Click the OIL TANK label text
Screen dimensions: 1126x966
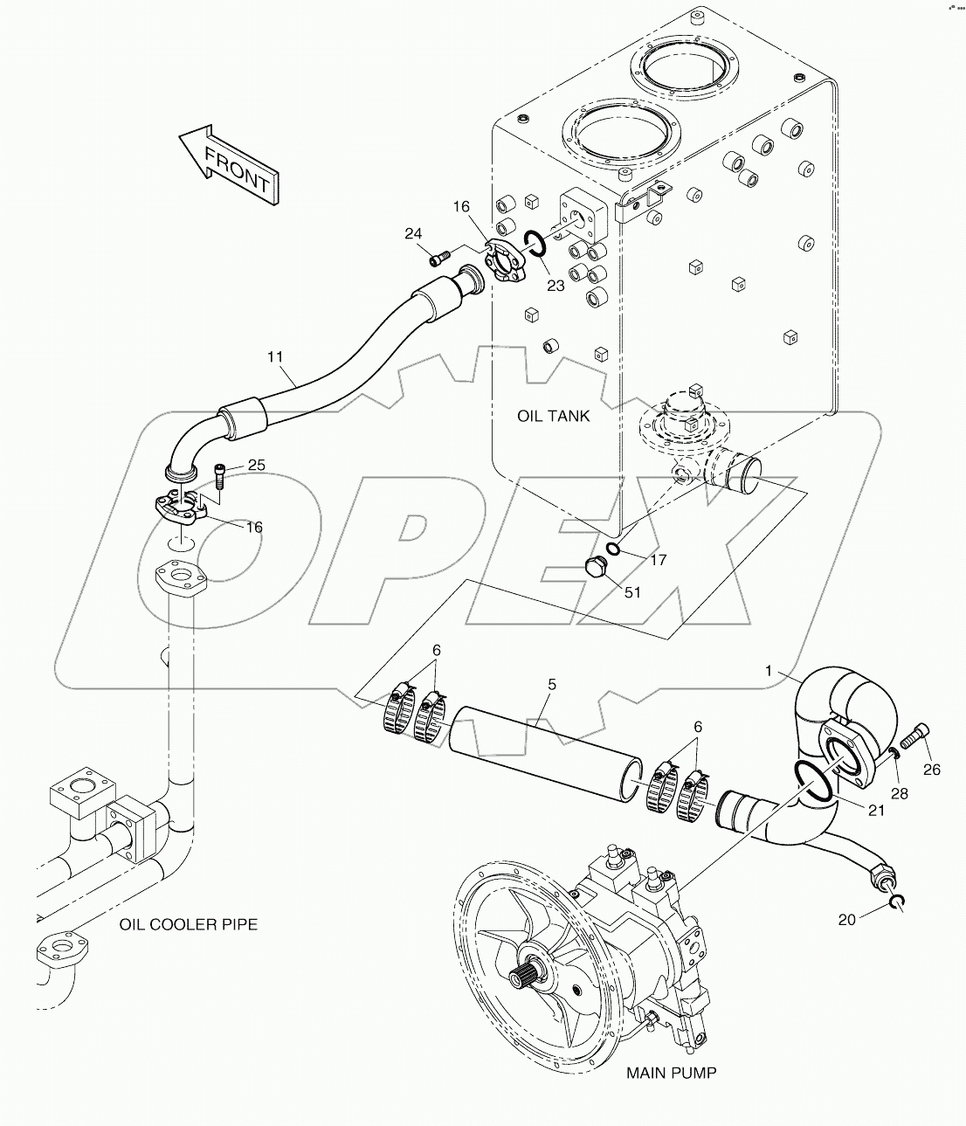(x=553, y=416)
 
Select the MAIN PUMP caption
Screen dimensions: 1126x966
(x=671, y=1072)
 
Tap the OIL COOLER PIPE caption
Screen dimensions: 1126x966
(x=189, y=923)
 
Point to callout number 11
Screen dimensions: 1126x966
(x=276, y=356)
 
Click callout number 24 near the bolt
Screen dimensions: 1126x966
(x=413, y=233)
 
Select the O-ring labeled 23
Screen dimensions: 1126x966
(x=535, y=245)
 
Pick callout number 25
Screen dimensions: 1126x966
(x=256, y=465)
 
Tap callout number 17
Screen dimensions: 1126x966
(x=659, y=560)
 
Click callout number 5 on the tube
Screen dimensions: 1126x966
(x=551, y=684)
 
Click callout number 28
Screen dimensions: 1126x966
(x=899, y=793)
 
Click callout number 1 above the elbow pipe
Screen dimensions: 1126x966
(x=769, y=671)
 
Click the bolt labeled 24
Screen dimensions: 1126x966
(x=439, y=256)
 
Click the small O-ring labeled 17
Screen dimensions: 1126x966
(x=614, y=549)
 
